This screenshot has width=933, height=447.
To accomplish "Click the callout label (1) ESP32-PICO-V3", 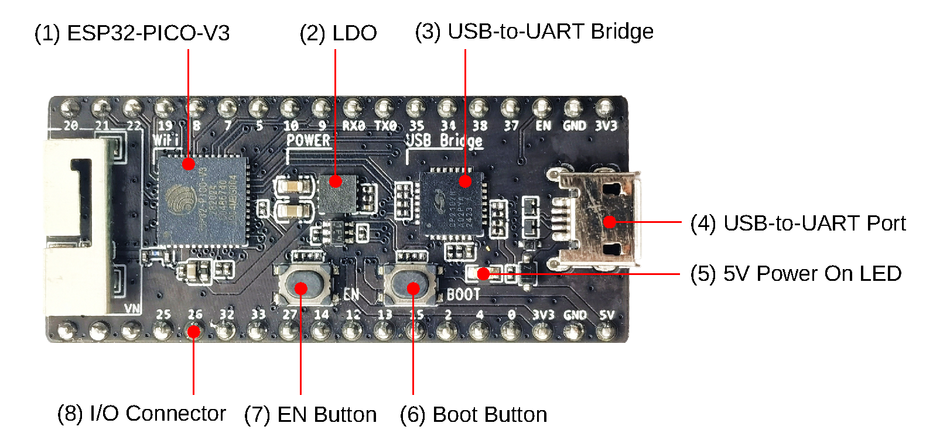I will click(132, 33).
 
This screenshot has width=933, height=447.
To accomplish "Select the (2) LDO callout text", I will click(338, 33).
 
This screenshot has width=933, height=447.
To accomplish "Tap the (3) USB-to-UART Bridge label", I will click(534, 32).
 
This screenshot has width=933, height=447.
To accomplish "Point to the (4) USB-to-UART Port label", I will click(798, 223).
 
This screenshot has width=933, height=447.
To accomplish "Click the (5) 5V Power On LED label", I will click(795, 273).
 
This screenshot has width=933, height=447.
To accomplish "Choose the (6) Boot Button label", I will click(473, 414).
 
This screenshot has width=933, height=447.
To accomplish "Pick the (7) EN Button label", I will click(310, 414).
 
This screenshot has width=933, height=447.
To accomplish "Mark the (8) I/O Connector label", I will click(141, 413).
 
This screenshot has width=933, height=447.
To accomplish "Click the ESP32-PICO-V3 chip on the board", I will click(201, 199).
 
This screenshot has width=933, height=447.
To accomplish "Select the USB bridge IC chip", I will click(452, 201).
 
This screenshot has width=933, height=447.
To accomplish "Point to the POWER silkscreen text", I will click(308, 140).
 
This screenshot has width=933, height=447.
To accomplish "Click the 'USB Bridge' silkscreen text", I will click(445, 140).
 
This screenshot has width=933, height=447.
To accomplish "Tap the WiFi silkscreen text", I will click(166, 140).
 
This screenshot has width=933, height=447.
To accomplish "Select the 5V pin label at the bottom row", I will click(607, 315).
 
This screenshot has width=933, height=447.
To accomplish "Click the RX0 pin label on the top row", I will click(354, 126).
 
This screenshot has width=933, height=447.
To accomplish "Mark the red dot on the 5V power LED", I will click(483, 273).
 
